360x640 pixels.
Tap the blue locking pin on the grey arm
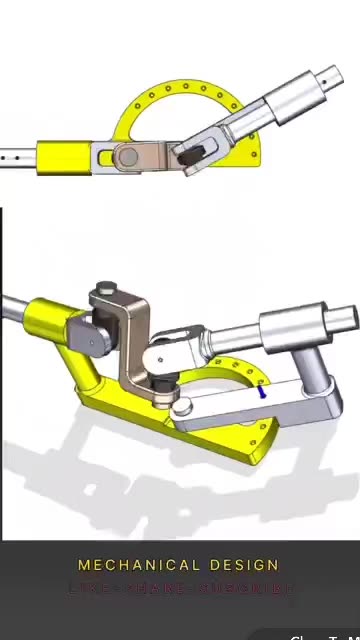coord(262,392)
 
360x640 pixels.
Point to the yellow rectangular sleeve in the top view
coord(64,158)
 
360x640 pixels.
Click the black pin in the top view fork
coord(193,152)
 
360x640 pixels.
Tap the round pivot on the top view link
coord(126,156)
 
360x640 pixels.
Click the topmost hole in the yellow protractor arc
coord(184,88)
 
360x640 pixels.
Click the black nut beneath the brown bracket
coord(162,384)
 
